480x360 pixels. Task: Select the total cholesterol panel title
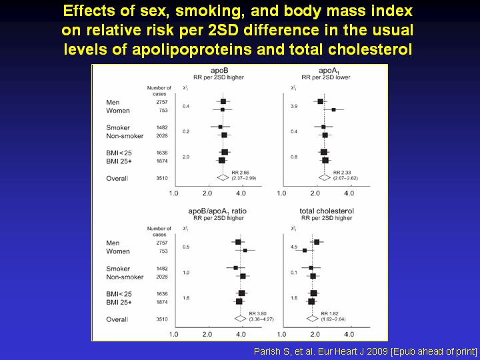coord(327,211)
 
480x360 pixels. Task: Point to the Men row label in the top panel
coord(113,102)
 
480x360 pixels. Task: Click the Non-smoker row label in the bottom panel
coord(125,277)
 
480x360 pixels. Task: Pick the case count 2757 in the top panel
coord(162,102)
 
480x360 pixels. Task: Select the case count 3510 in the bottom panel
coord(162,319)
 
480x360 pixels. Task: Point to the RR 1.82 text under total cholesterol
coord(331,313)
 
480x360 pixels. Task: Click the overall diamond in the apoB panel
coord(223,178)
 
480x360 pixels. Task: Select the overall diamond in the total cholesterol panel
coord(310,319)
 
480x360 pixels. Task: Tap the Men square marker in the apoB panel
coord(223,102)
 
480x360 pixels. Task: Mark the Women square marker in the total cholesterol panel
coord(305,251)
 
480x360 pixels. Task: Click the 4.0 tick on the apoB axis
coord(241,193)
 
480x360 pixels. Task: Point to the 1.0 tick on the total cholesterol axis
coord(281,333)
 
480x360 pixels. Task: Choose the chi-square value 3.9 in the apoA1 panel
coord(294,106)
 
